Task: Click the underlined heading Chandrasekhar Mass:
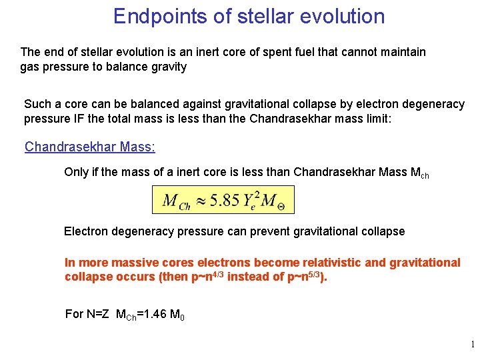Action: (x=89, y=147)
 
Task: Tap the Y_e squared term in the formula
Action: (x=252, y=200)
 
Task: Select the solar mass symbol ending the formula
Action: (x=275, y=201)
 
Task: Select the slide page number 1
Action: (x=472, y=345)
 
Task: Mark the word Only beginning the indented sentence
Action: (x=75, y=172)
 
